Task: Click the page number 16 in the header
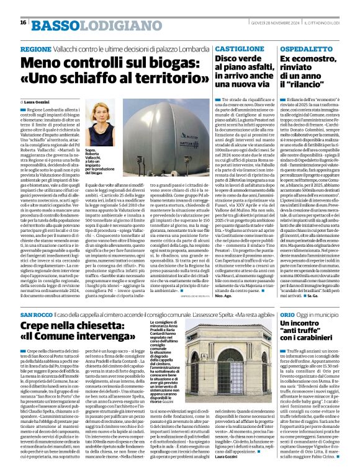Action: (23, 22)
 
